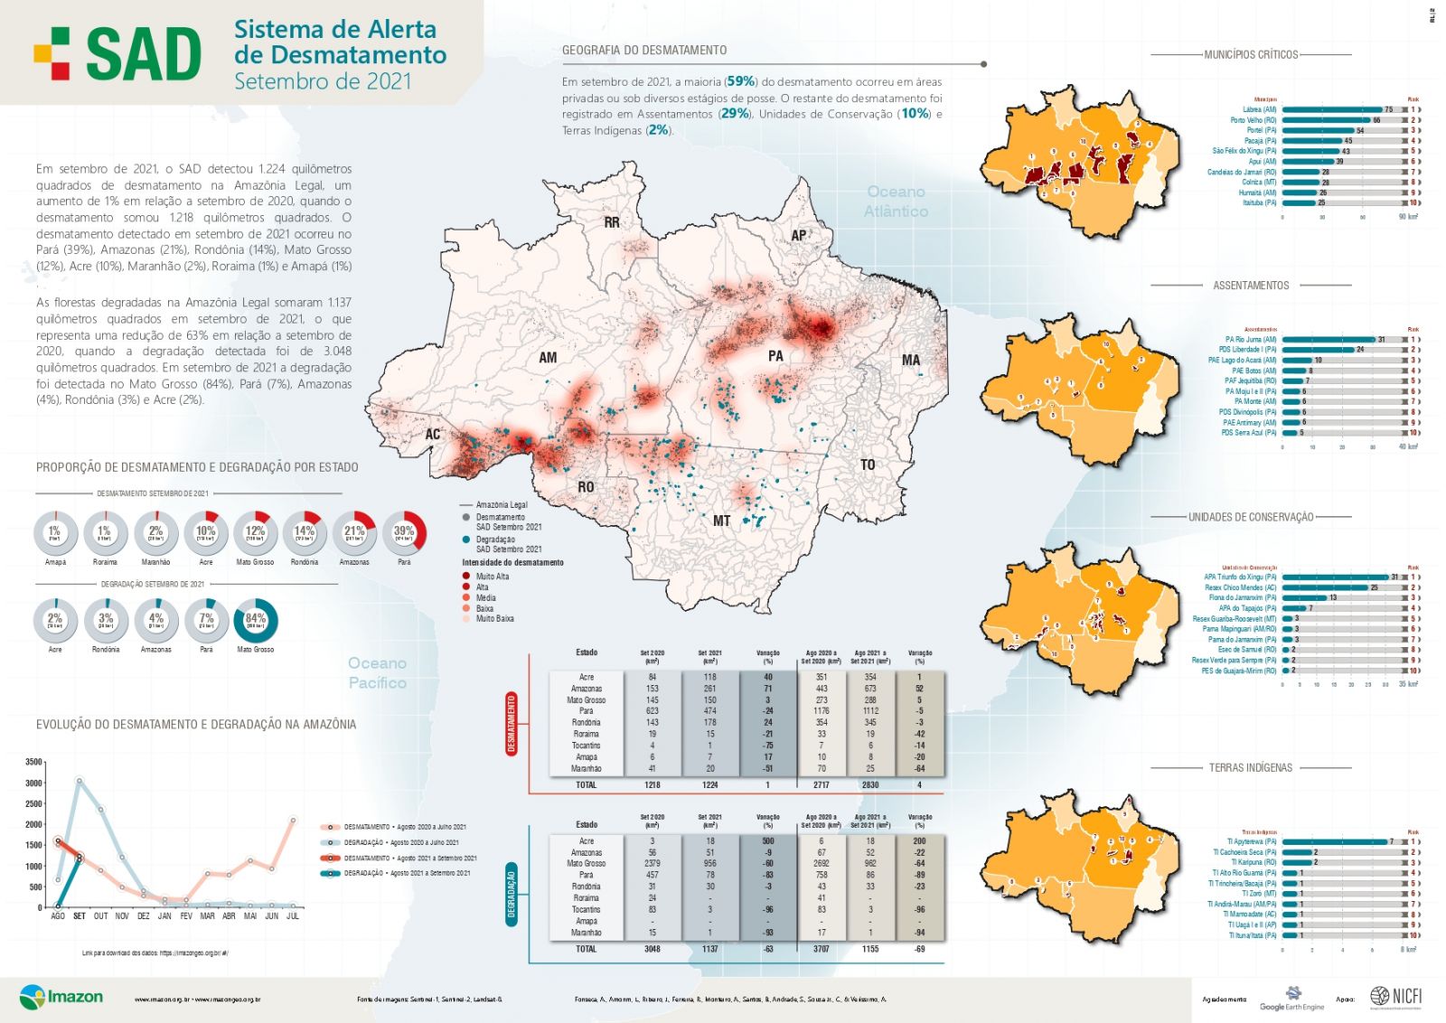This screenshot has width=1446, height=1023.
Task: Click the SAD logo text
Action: (x=143, y=54)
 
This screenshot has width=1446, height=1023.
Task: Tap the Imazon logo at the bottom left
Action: (x=61, y=998)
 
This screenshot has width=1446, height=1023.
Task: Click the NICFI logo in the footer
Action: (x=1396, y=996)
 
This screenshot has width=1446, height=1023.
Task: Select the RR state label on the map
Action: (x=612, y=222)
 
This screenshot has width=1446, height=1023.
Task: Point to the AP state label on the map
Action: (x=799, y=236)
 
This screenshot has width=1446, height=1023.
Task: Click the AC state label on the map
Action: (x=433, y=435)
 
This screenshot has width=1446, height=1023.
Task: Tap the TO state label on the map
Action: (x=868, y=465)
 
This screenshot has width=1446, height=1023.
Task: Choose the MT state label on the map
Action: (x=721, y=521)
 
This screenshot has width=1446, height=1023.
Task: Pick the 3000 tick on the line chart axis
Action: (x=33, y=784)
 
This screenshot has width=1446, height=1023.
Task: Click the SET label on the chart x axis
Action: (x=80, y=916)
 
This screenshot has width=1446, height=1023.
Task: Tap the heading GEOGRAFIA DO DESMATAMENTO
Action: (x=644, y=51)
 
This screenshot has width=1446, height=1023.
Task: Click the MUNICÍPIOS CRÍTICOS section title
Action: (x=1251, y=55)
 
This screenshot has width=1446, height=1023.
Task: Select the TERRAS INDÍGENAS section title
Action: (x=1251, y=767)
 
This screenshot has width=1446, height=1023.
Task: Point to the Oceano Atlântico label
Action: (x=896, y=202)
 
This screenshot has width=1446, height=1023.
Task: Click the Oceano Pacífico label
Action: (x=378, y=673)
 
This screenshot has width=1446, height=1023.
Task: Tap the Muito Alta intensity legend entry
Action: (x=492, y=577)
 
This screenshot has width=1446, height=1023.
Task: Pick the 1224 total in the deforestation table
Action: (x=709, y=785)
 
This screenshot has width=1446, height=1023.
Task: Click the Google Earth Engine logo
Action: (x=1292, y=999)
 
